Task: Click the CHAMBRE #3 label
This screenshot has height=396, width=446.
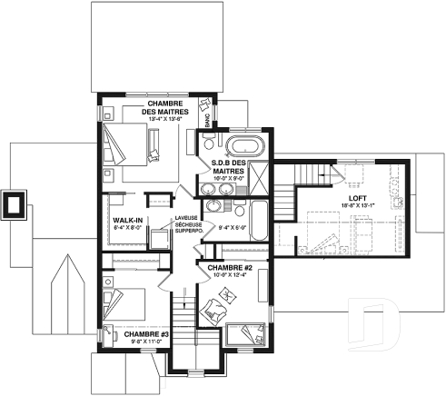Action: [128, 334]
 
